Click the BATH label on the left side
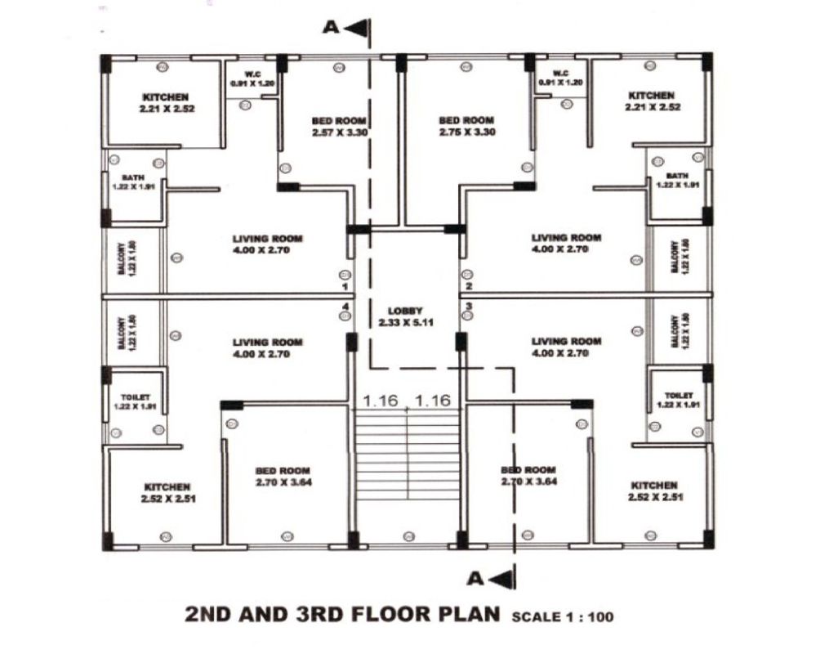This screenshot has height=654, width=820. coord(131,181)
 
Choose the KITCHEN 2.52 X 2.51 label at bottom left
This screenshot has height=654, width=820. coord(167,491)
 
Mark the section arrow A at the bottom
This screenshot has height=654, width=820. coord(490,579)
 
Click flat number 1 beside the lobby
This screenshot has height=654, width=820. coord(345,288)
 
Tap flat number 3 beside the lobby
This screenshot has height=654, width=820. coord(468,307)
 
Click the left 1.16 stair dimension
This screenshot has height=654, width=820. coord(380,401)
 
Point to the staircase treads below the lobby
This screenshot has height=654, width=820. coord(407,458)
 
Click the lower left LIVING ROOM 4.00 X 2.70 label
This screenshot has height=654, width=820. coord(267,347)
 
